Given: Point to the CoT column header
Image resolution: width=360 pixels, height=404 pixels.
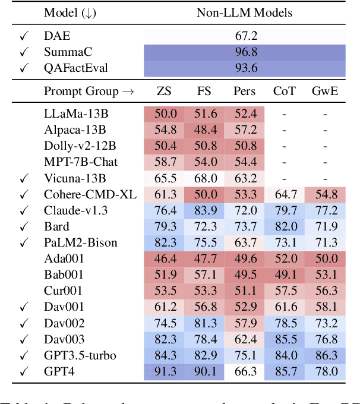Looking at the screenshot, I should tap(285, 91).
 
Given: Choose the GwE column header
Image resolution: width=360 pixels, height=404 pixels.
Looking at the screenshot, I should tap(325, 91).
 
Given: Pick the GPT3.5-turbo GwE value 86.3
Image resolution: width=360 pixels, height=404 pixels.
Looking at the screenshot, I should tap(325, 355).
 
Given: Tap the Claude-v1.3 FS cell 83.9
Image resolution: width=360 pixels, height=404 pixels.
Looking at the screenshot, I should tap(204, 210).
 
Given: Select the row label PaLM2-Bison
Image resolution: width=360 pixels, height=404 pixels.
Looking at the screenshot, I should tap(81, 242).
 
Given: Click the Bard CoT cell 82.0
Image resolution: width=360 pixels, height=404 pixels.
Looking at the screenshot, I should tap(285, 226).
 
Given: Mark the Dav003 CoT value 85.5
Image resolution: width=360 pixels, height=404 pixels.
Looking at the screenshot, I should tap(285, 339).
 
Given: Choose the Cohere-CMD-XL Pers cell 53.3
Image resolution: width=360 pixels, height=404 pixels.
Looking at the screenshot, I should tap(244, 194).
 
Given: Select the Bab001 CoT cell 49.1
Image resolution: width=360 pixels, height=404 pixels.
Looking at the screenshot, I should tap(285, 274).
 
